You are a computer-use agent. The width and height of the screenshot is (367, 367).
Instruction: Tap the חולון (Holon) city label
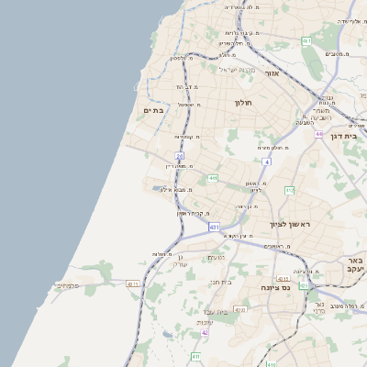[x=243, y=103]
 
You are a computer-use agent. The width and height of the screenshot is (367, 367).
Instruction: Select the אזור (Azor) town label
[x=272, y=72]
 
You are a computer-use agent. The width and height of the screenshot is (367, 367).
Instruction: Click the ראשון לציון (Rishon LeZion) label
[x=291, y=224]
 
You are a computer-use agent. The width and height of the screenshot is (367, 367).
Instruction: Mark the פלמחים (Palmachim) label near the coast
[x=70, y=285]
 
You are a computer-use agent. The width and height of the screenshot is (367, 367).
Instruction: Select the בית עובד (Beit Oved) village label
[x=217, y=312]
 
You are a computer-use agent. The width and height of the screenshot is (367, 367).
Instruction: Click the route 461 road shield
[x=306, y=41]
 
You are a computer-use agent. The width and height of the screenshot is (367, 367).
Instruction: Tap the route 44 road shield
[x=318, y=134]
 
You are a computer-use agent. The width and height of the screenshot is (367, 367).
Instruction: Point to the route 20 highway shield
[x=180, y=156]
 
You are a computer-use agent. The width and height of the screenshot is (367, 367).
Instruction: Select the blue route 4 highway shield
[x=266, y=161]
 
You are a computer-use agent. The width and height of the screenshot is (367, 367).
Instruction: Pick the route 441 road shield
[x=213, y=178]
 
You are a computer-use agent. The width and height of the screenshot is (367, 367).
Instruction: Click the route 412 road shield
[x=289, y=190]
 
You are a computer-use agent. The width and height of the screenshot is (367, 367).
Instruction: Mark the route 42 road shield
[x=205, y=332]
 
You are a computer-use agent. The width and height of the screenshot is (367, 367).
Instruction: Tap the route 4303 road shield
[x=239, y=309]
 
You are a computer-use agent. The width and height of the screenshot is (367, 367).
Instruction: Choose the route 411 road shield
[x=195, y=356]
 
